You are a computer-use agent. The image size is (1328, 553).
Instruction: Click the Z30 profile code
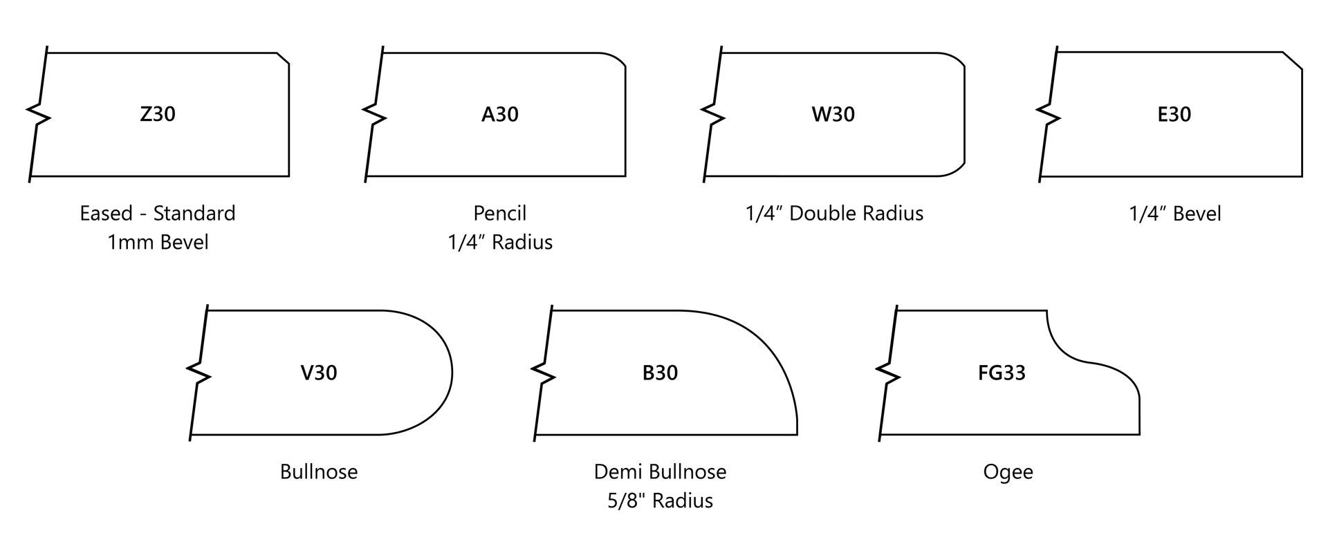point(158,114)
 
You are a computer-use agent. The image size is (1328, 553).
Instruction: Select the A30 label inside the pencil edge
point(499,114)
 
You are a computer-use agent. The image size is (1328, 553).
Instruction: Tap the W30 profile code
point(833,114)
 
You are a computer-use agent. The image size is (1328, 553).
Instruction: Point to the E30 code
point(1174,114)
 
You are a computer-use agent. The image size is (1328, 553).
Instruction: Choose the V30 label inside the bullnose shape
point(319,373)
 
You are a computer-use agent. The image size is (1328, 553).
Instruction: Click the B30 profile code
point(660,373)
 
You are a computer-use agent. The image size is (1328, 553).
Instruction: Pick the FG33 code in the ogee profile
point(1002,373)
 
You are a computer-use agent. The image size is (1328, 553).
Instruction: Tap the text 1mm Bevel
point(158,242)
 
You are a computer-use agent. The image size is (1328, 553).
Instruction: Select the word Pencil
point(499,213)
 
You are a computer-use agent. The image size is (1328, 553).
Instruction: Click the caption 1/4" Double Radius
point(833,213)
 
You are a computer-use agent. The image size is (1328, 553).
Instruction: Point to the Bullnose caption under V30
point(319,471)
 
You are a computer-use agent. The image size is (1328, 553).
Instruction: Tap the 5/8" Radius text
point(660,500)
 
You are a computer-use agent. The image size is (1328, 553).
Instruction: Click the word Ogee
point(1008,472)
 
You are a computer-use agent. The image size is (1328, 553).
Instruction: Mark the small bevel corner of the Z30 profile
point(283,59)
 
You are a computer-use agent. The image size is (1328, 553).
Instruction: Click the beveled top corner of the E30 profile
point(1293,61)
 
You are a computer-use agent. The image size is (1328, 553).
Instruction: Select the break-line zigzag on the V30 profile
point(199,373)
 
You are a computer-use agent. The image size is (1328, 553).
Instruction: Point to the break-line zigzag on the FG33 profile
point(887,373)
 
